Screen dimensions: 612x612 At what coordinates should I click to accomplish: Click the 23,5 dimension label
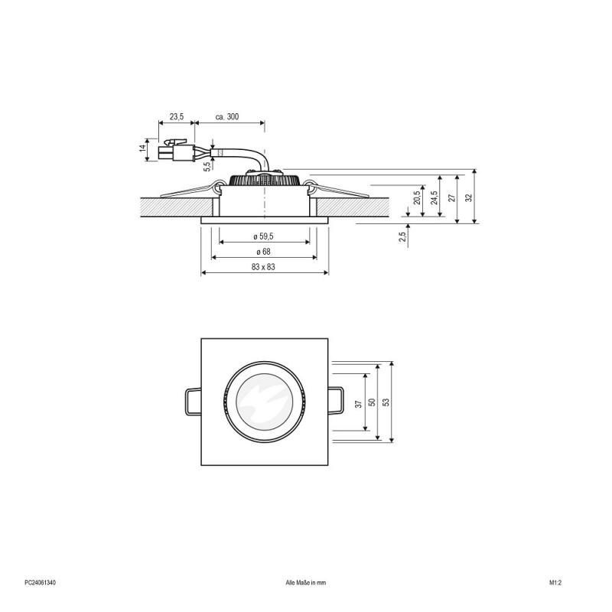tap(177, 116)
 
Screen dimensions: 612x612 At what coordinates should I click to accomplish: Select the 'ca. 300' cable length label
tap(227, 116)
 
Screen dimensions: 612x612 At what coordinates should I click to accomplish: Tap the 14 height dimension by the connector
tap(143, 148)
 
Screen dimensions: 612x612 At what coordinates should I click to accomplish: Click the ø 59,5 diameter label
tap(265, 237)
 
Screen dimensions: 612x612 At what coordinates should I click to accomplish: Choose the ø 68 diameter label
tap(265, 252)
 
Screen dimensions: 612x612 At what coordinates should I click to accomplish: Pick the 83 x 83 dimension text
tap(265, 267)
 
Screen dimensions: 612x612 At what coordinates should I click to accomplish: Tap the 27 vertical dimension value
tap(451, 197)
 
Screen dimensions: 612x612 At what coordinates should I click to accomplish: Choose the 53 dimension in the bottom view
tap(386, 402)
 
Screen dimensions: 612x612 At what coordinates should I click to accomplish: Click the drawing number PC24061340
tap(40, 583)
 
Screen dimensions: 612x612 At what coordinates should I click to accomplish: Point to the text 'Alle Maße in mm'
tap(305, 583)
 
